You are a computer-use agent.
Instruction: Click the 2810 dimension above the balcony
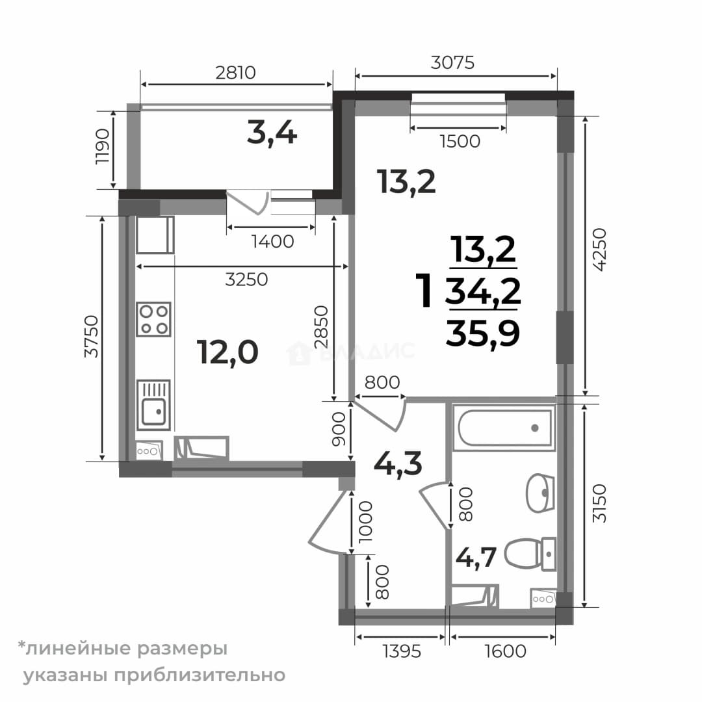[x=235, y=73]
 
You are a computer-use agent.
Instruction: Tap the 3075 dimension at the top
[x=452, y=62]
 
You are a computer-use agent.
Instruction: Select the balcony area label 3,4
[x=272, y=133]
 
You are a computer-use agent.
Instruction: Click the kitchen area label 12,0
[x=227, y=352]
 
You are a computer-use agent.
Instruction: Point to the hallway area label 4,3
[x=398, y=463]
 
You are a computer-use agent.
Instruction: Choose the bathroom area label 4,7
[x=476, y=558]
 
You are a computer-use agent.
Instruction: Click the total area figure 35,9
[x=482, y=333]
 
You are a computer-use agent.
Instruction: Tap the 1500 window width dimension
[x=460, y=142]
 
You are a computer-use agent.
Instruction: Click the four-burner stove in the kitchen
[x=153, y=319]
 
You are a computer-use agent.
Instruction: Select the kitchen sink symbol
[x=153, y=404]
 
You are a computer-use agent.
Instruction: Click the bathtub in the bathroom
[x=504, y=427]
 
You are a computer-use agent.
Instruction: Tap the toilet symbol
[x=530, y=554]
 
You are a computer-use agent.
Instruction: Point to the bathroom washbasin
[x=540, y=493]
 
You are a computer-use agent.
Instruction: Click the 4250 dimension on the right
[x=599, y=250]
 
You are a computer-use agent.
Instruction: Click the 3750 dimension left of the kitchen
[x=92, y=337]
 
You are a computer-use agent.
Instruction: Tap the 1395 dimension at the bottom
[x=402, y=651]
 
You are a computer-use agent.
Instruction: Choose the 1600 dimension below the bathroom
[x=506, y=651]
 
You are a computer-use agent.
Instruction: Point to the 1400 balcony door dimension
[x=272, y=242]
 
